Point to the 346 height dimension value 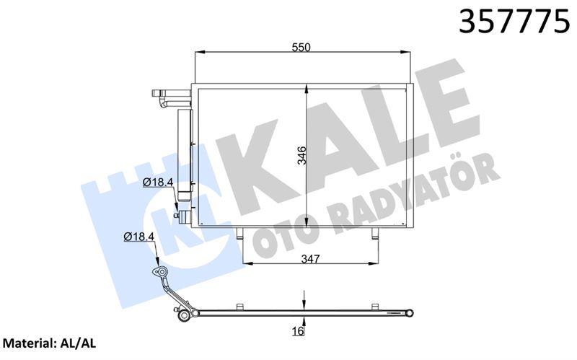[x=302, y=156]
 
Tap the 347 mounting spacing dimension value [x=311, y=258]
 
